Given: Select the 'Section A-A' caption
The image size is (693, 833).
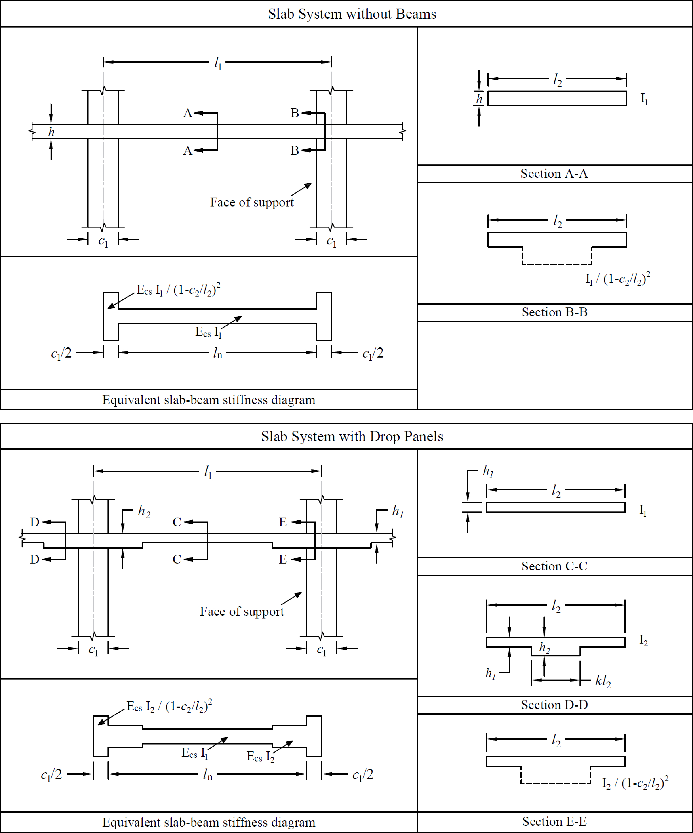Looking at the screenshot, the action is [x=554, y=174].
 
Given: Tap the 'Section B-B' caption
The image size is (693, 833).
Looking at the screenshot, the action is [x=554, y=312].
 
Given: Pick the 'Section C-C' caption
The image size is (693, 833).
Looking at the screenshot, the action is [x=554, y=566].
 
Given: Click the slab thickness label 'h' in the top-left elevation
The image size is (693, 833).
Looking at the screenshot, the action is [x=51, y=132].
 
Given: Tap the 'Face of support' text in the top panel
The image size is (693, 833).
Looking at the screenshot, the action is [x=252, y=202].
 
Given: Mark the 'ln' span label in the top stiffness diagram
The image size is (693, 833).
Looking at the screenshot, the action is [x=217, y=353].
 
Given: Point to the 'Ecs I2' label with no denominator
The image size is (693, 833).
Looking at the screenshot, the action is [x=260, y=756].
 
